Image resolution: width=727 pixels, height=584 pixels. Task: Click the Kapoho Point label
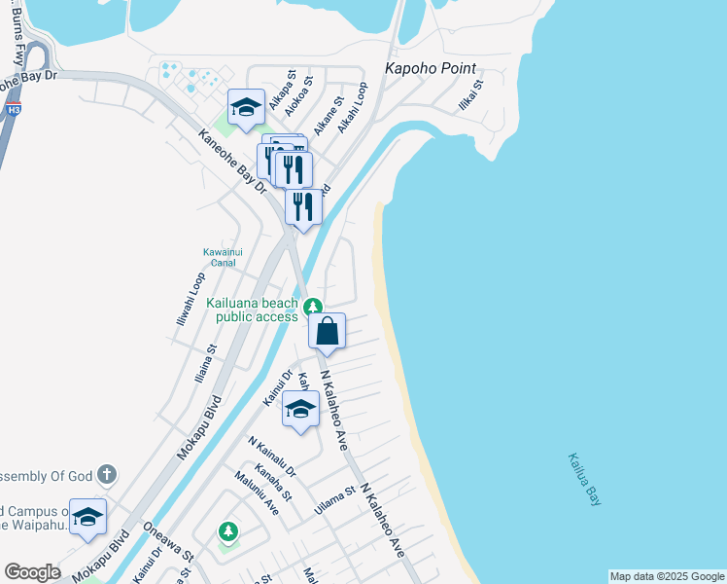click(431, 68)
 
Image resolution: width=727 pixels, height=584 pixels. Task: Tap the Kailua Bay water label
click(584, 479)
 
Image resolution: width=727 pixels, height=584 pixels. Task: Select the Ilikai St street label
click(470, 97)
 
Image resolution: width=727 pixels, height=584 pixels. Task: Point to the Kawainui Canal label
click(223, 257)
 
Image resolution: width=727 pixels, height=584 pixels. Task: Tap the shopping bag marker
click(328, 331)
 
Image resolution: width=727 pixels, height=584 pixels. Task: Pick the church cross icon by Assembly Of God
click(106, 475)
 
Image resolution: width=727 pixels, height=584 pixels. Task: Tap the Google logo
click(32, 572)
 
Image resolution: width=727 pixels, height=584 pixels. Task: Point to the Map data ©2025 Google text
click(667, 576)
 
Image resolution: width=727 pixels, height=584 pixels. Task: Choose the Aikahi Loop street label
click(353, 107)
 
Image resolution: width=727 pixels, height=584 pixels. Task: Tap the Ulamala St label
click(337, 502)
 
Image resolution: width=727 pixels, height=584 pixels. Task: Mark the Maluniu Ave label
click(256, 493)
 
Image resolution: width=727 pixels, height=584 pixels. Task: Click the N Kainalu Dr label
click(271, 456)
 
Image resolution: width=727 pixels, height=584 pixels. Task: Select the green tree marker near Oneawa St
click(227, 531)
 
